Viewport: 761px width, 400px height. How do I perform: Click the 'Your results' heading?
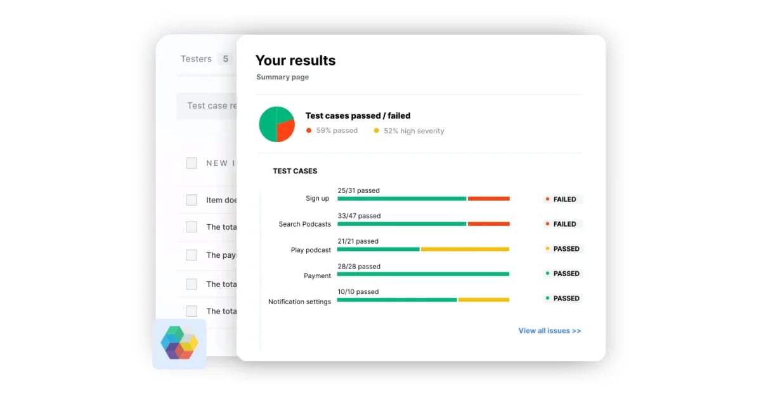[x=296, y=61]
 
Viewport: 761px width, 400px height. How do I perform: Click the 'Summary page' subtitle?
[x=283, y=77]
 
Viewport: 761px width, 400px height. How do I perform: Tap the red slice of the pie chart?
[x=286, y=130]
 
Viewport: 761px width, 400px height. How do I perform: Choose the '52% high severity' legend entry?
[x=413, y=131]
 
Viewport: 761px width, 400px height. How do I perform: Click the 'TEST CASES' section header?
[x=295, y=171]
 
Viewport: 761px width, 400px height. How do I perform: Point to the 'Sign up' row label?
[x=317, y=199]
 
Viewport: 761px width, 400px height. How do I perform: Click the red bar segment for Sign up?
[x=489, y=199]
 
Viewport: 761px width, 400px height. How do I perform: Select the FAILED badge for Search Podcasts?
[x=563, y=224]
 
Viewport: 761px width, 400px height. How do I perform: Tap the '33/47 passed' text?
[x=359, y=216]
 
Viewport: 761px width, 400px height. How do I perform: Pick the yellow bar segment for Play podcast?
[x=465, y=249]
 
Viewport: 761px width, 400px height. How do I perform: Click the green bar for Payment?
[x=423, y=274]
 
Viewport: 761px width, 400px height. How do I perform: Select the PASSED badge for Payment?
[x=563, y=274]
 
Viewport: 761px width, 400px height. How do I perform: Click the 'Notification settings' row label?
[x=299, y=302]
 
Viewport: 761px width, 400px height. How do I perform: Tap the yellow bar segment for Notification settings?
[x=483, y=300]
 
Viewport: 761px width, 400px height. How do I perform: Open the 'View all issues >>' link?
[x=549, y=331]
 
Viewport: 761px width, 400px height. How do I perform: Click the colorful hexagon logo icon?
[x=179, y=343]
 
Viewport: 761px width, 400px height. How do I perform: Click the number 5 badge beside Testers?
[x=225, y=59]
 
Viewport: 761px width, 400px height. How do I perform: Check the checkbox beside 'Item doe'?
[x=192, y=200]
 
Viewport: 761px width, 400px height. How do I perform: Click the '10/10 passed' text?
[x=358, y=292]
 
